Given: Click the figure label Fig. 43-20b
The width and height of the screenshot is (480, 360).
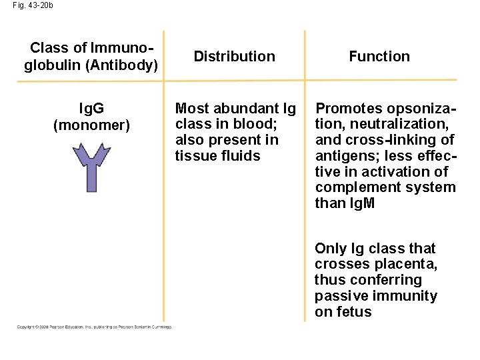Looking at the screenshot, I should pos(33,5).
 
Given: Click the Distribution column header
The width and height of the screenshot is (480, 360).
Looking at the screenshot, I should pos(234,57).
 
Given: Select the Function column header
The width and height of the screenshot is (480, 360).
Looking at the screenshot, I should pos(379,57).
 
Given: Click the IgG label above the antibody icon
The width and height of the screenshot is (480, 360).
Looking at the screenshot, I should pos(91,108).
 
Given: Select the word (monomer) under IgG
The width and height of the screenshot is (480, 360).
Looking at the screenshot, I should pos(91,125).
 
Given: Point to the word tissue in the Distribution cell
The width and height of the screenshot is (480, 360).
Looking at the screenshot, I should pos(192,156).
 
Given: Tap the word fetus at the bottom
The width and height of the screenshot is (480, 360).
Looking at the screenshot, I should pos(353,312).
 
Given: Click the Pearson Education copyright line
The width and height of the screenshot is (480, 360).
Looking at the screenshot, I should pos(94,327).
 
